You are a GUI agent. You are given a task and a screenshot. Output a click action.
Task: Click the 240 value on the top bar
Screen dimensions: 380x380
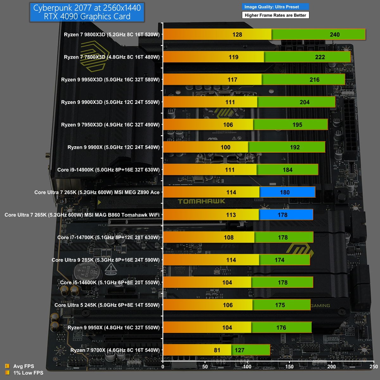tap(334, 35)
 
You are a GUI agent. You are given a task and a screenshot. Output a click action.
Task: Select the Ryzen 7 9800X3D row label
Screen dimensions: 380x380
tap(112, 35)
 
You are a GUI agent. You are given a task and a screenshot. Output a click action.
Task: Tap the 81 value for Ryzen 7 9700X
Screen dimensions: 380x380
tap(217, 350)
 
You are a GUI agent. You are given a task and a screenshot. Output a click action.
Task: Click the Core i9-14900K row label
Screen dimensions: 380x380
tap(108, 170)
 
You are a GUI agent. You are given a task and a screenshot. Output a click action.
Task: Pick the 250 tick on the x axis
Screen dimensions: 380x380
tap(374, 367)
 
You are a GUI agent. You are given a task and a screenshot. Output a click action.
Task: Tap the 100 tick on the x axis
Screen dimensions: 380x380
tap(247, 367)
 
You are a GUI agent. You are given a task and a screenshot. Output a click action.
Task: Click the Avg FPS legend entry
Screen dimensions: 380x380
tap(23, 366)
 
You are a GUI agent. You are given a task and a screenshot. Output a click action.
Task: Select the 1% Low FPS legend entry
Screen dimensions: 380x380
tap(28, 373)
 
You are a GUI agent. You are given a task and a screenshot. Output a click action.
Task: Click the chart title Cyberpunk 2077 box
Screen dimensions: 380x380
tap(87, 12)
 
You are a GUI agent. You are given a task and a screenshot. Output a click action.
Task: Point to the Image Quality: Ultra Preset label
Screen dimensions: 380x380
tap(272, 7)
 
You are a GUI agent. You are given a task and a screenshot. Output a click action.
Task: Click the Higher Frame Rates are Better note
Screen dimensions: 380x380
tap(275, 15)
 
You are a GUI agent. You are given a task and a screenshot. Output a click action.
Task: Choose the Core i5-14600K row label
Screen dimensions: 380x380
tap(110, 282)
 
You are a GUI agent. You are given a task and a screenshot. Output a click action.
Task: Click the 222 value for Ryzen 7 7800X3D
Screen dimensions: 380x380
tap(320, 57)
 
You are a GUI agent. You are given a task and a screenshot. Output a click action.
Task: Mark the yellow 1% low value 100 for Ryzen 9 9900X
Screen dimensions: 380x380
tap(225, 147)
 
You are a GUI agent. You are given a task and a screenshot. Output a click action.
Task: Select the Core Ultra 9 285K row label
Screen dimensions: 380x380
tap(105, 260)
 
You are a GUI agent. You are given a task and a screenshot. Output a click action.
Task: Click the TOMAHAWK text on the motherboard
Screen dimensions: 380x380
tap(201, 201)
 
